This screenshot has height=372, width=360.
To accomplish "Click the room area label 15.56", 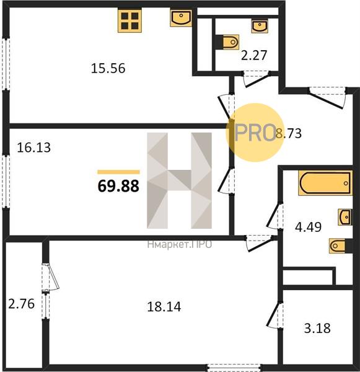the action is coord(108,68).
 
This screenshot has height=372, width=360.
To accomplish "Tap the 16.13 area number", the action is coord(34,148).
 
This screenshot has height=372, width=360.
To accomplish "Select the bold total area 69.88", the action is coord(118,186).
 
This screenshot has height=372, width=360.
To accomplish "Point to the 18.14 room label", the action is coord(164,306).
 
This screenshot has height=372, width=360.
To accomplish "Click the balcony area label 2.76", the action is coord(22,304).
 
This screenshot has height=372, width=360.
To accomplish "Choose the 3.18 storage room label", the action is coord(317,329).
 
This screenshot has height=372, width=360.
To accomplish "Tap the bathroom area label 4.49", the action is coord(309,227).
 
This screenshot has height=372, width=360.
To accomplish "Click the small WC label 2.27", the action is coord(254,55).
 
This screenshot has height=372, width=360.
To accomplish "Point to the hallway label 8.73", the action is coord(289,133).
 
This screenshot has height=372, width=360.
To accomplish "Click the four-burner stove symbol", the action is coord(130,20).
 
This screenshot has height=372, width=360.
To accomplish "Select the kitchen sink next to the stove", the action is coord(181,17).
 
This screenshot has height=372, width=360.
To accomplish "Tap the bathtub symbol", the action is coord(325,183).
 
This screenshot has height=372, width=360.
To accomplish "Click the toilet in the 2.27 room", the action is coord(228,42).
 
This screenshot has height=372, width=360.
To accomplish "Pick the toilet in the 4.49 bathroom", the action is coord(340,246).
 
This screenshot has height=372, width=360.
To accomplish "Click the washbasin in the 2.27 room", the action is coord(260,26).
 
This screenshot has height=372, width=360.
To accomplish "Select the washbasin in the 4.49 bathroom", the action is coord(345,217).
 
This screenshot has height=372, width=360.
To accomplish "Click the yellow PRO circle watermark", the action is coord(254,133).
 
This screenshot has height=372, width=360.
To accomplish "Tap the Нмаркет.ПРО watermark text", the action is coord(179,244).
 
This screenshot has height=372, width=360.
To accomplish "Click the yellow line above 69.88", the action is coord(118,172).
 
